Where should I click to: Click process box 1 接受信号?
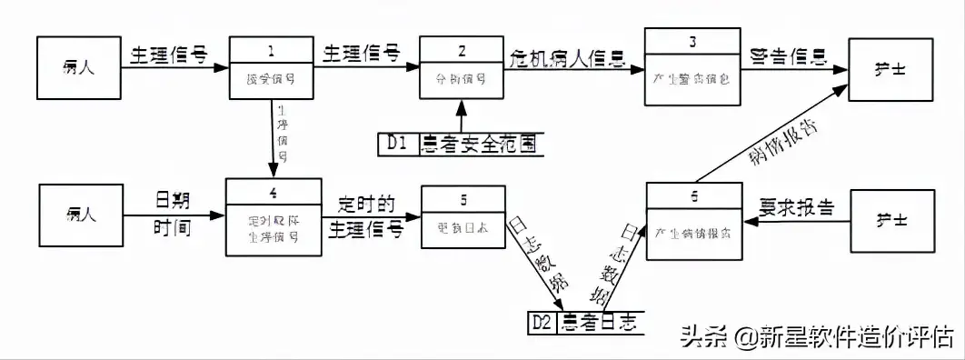click(x=274, y=72)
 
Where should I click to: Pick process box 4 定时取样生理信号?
click(x=274, y=215)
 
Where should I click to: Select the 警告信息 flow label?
click(x=788, y=55)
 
